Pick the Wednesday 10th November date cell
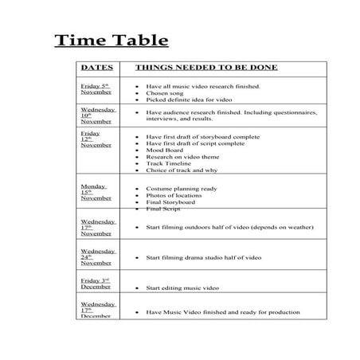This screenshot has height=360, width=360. point(98,115)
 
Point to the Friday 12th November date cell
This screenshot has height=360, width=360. point(95,140)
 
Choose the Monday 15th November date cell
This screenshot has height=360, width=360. point(96,192)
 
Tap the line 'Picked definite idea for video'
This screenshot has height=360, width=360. point(188,100)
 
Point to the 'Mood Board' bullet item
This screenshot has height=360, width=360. point(163,150)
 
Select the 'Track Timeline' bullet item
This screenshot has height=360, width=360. point(169,163)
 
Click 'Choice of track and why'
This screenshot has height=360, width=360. point(182,170)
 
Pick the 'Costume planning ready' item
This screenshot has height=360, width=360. point(181,188)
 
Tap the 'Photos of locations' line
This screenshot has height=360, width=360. point(174,195)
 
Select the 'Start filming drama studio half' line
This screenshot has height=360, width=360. point(203,257)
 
